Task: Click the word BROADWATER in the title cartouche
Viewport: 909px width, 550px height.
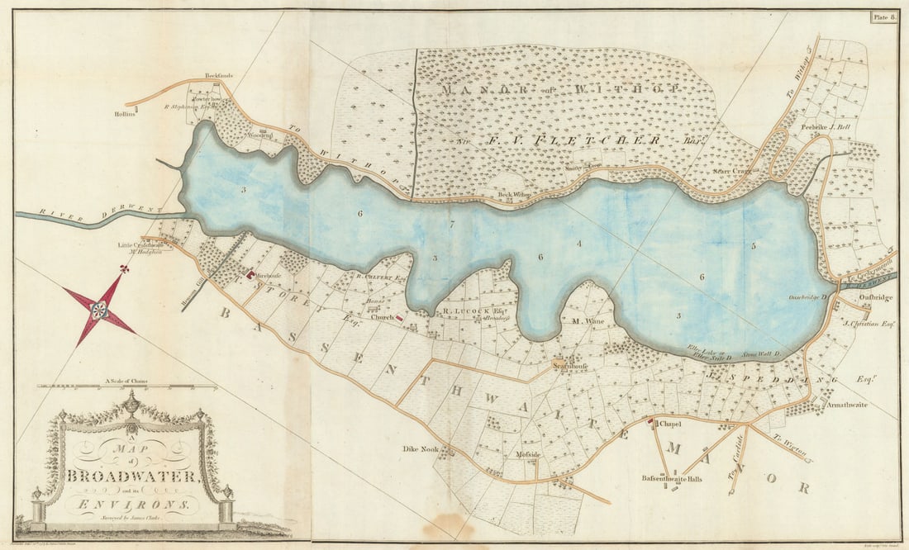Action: point(132,477)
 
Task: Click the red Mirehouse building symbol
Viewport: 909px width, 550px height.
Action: point(249,273)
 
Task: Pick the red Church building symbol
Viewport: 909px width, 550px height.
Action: point(399,316)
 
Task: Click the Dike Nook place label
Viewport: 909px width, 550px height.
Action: point(418,450)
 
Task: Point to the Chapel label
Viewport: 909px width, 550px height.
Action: point(669,424)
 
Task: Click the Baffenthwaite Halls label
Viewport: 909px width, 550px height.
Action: point(672,478)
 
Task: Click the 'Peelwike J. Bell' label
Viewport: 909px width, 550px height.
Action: point(826,127)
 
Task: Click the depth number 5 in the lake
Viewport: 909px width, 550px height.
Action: point(754,245)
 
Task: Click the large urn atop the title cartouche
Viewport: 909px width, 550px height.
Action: point(131,405)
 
